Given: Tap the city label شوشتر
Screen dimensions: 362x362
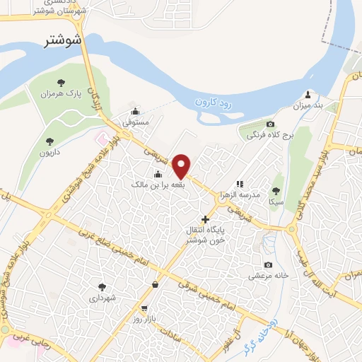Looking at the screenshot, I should click(x=63, y=40).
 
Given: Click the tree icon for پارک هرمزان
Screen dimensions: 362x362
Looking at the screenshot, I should click(x=60, y=82).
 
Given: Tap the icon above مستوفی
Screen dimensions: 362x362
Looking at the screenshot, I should click(x=136, y=111).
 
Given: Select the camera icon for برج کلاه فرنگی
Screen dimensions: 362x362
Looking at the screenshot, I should click(x=250, y=124).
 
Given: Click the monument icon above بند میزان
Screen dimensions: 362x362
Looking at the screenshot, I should click(x=308, y=94).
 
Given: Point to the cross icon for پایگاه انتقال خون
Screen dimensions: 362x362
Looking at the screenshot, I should click(x=206, y=219).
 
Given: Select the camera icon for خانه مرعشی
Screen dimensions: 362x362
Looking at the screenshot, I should click(x=268, y=264).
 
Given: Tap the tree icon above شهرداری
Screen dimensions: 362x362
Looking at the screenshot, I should click(x=102, y=287).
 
